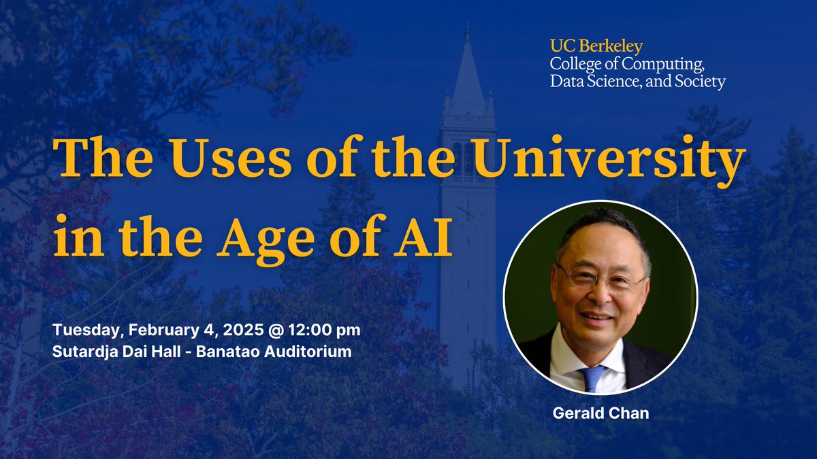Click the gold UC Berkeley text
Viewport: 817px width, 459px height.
point(596,47)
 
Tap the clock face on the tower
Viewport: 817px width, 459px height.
point(467,211)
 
